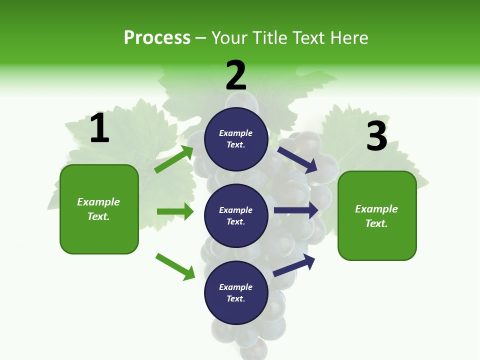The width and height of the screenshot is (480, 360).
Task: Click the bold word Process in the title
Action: coord(157,38)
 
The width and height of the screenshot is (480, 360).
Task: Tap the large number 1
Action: coord(99,128)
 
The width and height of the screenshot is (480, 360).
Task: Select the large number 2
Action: coord(236,75)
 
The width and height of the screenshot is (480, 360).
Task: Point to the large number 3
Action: coord(376,136)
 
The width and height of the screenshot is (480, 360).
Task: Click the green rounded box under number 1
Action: coord(99,209)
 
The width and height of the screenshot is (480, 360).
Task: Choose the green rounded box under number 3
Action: coord(377,215)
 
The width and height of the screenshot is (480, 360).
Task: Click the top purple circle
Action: coord(236,139)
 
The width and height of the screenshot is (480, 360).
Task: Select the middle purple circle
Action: coord(236,215)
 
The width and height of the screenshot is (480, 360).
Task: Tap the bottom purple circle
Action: coord(236,292)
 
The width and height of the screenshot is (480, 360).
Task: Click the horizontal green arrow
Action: coord(175,211)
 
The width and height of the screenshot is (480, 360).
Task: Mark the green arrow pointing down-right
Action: coord(175,266)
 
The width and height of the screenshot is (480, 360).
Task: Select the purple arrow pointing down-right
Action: coord(297,159)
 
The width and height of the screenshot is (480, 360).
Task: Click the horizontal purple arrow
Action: coord(296,210)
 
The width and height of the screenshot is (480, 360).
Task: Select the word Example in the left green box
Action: coord(98,202)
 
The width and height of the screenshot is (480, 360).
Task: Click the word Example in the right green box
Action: coord(376,209)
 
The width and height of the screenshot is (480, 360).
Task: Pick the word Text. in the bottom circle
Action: coord(236,298)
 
